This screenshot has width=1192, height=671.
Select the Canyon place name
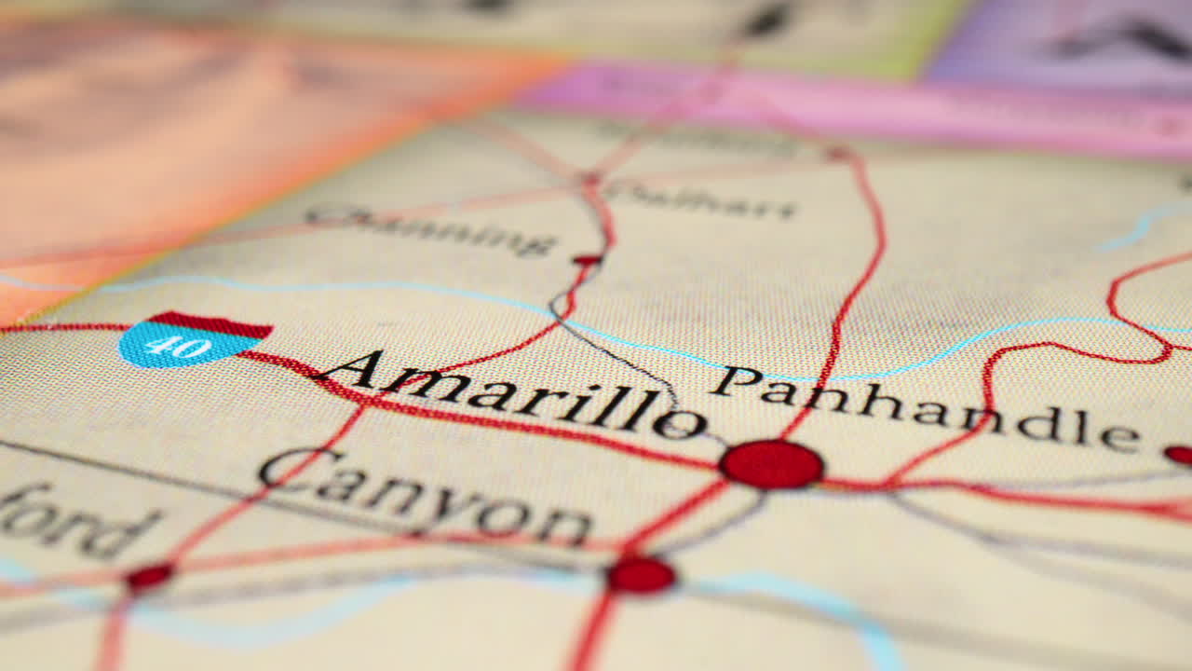pyautogui.click(x=424, y=495)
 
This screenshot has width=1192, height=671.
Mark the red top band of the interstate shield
pyautogui.click(x=211, y=324)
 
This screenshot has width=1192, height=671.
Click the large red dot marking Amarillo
pyautogui.click(x=771, y=464)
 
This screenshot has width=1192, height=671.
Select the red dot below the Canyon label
pyautogui.click(x=641, y=575)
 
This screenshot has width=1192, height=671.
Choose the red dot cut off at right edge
pyautogui.click(x=1179, y=455)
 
